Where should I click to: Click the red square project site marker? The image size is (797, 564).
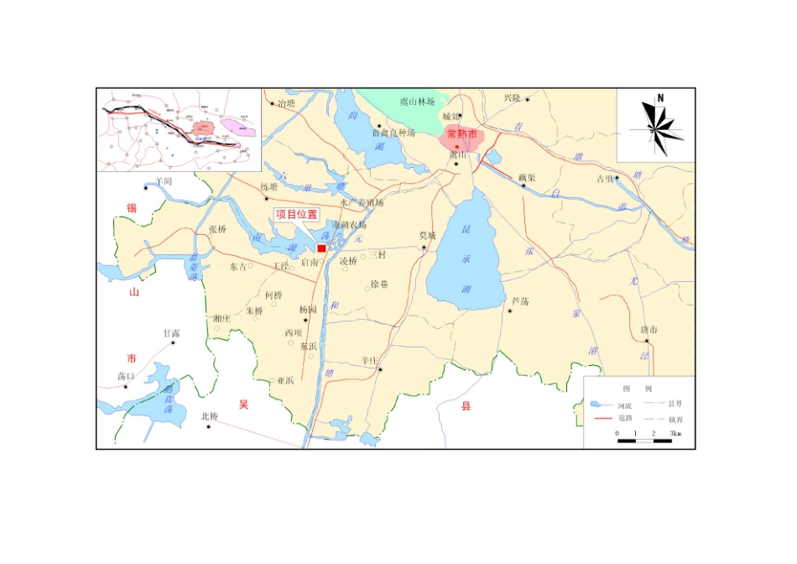pos(321,248)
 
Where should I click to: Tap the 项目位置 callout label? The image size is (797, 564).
pos(297,215)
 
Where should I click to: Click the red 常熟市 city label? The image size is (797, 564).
pos(461,134)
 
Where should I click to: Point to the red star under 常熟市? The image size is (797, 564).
pos(457,147)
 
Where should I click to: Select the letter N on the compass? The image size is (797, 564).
pos(660,98)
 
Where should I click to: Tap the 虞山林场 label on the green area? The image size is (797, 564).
pos(417,102)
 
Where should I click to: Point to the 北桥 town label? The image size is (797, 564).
pos(209,416)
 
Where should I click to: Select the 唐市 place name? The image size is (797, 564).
pos(648,330)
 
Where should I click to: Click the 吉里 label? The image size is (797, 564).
pos(605,178)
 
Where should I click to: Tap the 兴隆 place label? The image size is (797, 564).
pos(513,98)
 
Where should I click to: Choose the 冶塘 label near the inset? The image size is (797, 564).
pos(286,104)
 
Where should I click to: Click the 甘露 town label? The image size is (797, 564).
pos(171,333)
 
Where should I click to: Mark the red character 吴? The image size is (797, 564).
pos(244,405)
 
